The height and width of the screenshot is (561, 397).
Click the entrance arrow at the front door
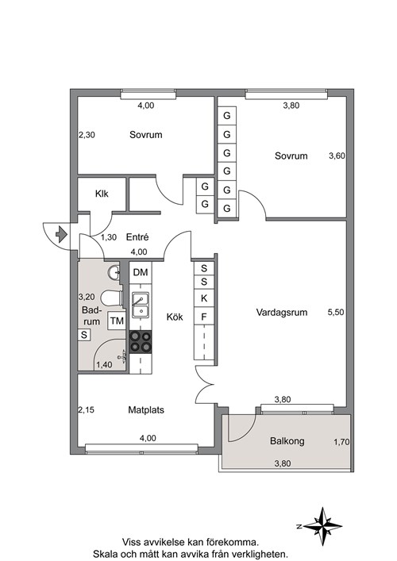[62, 234]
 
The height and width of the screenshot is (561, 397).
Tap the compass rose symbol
[322, 526]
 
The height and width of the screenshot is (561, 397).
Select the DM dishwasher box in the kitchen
[141, 273]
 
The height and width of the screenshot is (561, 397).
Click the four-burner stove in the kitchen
[141, 342]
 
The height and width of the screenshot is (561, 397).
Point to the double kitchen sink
[141, 305]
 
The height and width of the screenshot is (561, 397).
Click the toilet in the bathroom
[111, 298]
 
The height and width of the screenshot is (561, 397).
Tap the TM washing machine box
[117, 321]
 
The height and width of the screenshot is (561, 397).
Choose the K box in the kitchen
[204, 298]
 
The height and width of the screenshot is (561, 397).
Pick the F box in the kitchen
[204, 317]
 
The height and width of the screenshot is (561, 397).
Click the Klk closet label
[102, 194]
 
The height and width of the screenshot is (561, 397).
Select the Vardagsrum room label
[282, 313]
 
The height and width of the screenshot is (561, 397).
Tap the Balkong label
[287, 441]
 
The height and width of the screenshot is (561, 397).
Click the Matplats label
[146, 409]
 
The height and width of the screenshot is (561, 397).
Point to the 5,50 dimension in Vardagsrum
[336, 312]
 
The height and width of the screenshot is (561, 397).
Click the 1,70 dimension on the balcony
[341, 442]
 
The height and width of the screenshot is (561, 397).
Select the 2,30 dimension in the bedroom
[87, 135]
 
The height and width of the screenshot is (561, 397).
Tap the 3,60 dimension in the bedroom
[337, 156]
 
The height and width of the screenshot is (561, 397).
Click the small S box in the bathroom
[84, 335]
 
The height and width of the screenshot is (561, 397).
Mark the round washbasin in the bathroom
[114, 273]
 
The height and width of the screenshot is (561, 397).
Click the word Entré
[137, 236]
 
